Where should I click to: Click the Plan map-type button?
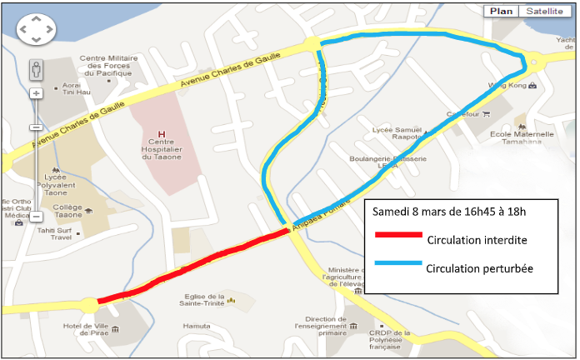point(501,11)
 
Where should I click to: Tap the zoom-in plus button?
point(36,93)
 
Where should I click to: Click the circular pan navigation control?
point(36,31)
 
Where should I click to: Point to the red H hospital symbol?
point(162,133)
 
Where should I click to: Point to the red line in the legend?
point(395,235)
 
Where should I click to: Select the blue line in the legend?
point(395,264)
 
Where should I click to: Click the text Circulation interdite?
point(477,240)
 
